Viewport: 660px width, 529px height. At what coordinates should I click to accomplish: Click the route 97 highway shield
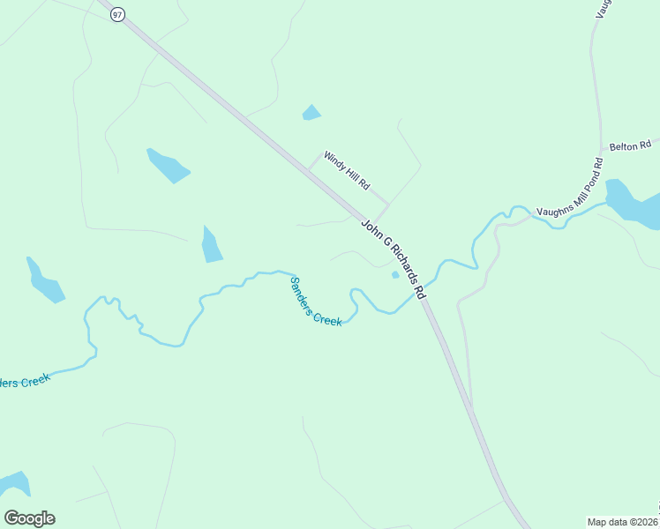116,14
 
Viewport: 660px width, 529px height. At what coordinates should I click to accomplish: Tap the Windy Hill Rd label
346,170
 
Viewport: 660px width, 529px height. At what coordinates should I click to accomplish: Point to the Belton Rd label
632,143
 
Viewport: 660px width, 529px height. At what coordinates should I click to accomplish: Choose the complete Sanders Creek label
315,302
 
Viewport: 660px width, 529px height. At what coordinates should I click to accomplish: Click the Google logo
29,518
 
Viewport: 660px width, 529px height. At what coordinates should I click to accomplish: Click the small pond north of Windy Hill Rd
311,112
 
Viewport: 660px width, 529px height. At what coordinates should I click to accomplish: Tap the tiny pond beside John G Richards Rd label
395,274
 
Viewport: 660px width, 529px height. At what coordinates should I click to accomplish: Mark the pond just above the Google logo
14,484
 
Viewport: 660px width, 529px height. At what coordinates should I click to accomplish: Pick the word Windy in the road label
334,160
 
